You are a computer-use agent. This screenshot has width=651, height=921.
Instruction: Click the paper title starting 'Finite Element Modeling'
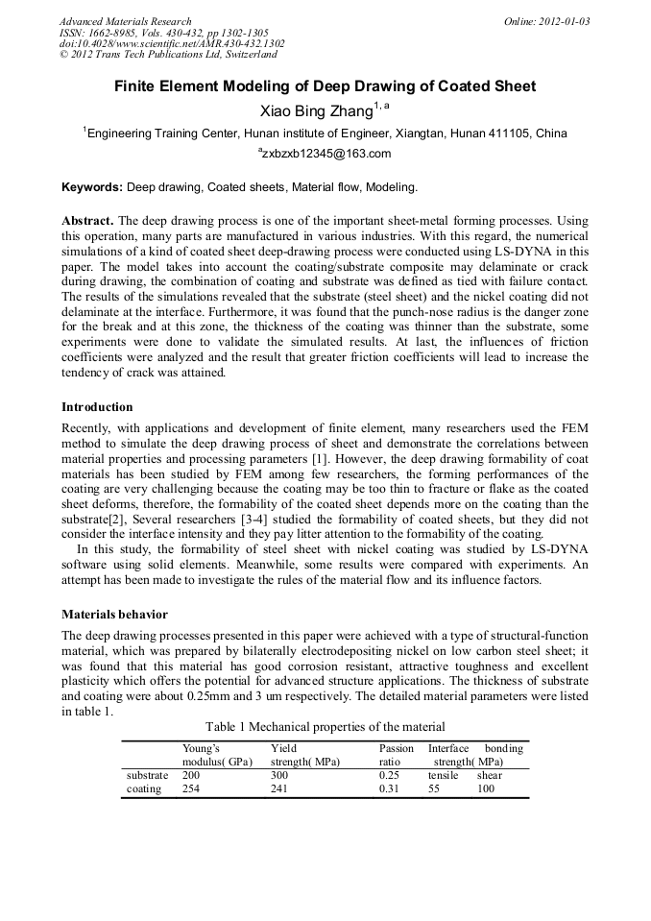325,86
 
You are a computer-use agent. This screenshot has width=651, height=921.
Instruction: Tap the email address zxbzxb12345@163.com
325,154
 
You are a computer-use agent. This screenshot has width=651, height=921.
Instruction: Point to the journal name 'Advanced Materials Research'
126,21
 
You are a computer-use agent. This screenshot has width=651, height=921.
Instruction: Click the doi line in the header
172,43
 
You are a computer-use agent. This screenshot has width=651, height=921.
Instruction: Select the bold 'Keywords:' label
92,186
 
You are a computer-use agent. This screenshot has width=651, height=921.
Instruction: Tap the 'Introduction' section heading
97,406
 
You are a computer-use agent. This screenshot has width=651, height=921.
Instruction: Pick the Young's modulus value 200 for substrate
192,775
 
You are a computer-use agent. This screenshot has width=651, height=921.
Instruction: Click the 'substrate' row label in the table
147,775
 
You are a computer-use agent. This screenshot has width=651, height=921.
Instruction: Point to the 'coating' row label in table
144,789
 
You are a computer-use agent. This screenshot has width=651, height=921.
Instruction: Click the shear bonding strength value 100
486,789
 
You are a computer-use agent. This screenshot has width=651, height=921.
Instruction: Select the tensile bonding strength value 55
434,789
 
